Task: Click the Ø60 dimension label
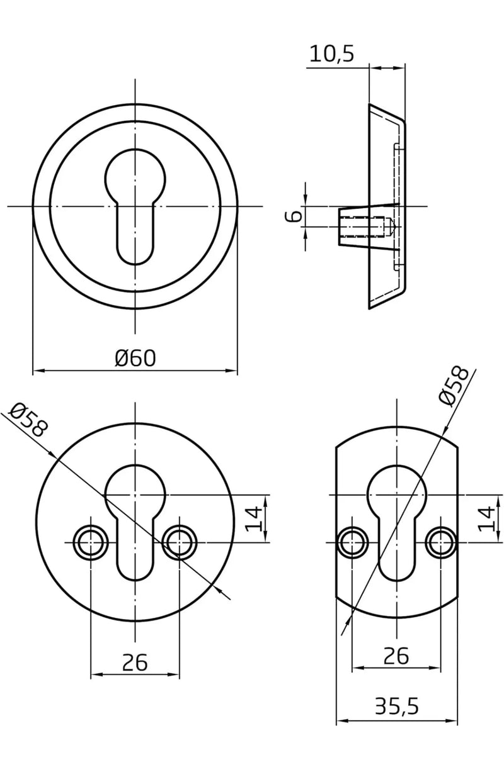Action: pos(135,358)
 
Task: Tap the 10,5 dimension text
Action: pos(332,53)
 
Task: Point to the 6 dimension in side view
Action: pos(293,216)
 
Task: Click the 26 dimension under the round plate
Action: pos(135,662)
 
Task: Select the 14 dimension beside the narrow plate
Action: pos(486,518)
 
